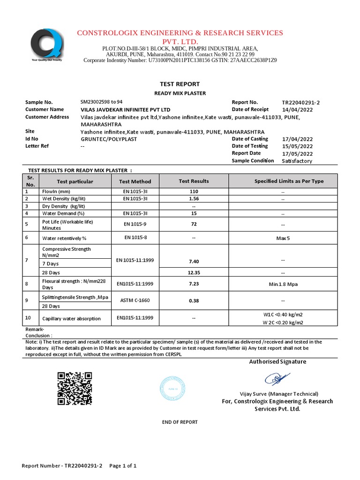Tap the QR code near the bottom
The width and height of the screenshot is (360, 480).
click(x=74, y=388)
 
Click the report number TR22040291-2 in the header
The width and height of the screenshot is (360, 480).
click(x=300, y=102)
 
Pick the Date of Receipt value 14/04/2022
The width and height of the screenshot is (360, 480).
click(x=297, y=110)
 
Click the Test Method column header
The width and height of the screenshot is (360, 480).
click(x=135, y=181)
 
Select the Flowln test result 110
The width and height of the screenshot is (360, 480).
click(x=194, y=192)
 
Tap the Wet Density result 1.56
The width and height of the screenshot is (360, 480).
click(x=194, y=199)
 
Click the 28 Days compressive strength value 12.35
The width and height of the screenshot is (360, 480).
click(x=194, y=272)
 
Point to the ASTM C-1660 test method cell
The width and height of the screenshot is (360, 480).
click(x=135, y=300)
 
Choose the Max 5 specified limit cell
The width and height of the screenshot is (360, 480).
click(x=283, y=238)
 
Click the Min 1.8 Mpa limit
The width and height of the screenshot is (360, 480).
click(x=283, y=284)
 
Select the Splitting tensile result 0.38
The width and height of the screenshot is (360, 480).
click(x=194, y=300)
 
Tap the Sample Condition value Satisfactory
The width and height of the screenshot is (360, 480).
click(x=297, y=161)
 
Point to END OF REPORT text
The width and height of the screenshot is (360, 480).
click(x=180, y=422)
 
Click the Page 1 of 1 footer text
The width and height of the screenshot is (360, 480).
click(x=123, y=466)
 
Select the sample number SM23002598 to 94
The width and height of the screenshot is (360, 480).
click(x=102, y=102)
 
